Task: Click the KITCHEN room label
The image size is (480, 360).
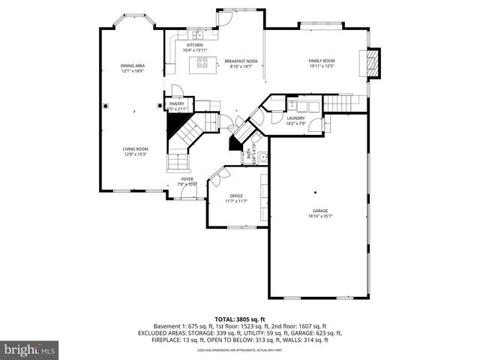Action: (194, 45)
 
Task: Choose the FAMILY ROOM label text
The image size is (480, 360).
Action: (322, 61)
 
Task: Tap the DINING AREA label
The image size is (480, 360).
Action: (133, 66)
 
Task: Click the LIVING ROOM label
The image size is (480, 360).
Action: (136, 148)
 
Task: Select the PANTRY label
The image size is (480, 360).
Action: (176, 104)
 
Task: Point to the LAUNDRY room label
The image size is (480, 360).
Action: (295, 118)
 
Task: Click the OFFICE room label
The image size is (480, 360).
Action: (236, 196)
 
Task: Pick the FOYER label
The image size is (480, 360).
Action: (186, 179)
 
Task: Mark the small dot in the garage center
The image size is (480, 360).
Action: (315, 190)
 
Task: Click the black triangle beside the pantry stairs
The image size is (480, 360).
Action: (178, 132)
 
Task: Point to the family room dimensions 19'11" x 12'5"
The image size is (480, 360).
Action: (322, 66)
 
